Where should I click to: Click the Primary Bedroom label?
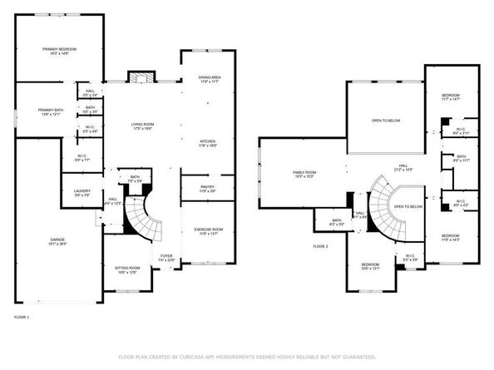point(60,52)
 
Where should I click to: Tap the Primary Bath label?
point(49,112)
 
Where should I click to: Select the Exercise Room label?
point(207,230)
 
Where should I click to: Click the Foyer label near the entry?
point(166,257)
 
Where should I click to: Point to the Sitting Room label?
point(127,269)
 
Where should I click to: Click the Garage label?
point(57,242)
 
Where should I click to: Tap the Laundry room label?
point(82,193)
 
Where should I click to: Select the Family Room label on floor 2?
point(304,174)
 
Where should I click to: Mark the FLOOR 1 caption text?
point(22,318)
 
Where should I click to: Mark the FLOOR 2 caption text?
point(321,247)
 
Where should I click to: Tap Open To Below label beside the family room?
point(386,121)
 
